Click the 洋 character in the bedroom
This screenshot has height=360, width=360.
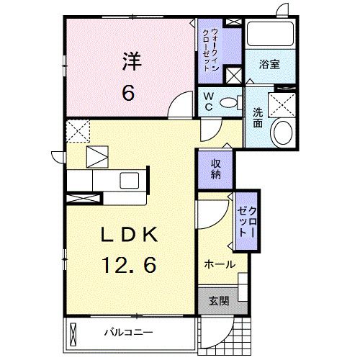130,62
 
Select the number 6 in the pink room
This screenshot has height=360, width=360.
130,93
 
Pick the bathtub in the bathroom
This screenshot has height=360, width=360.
269,36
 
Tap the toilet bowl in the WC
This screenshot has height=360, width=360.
230,102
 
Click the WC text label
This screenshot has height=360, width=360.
208,100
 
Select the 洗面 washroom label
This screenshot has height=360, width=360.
257,117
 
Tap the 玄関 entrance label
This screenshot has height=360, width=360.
220,301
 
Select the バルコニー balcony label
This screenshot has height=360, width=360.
127,333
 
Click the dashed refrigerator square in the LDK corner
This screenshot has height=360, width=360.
77,130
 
